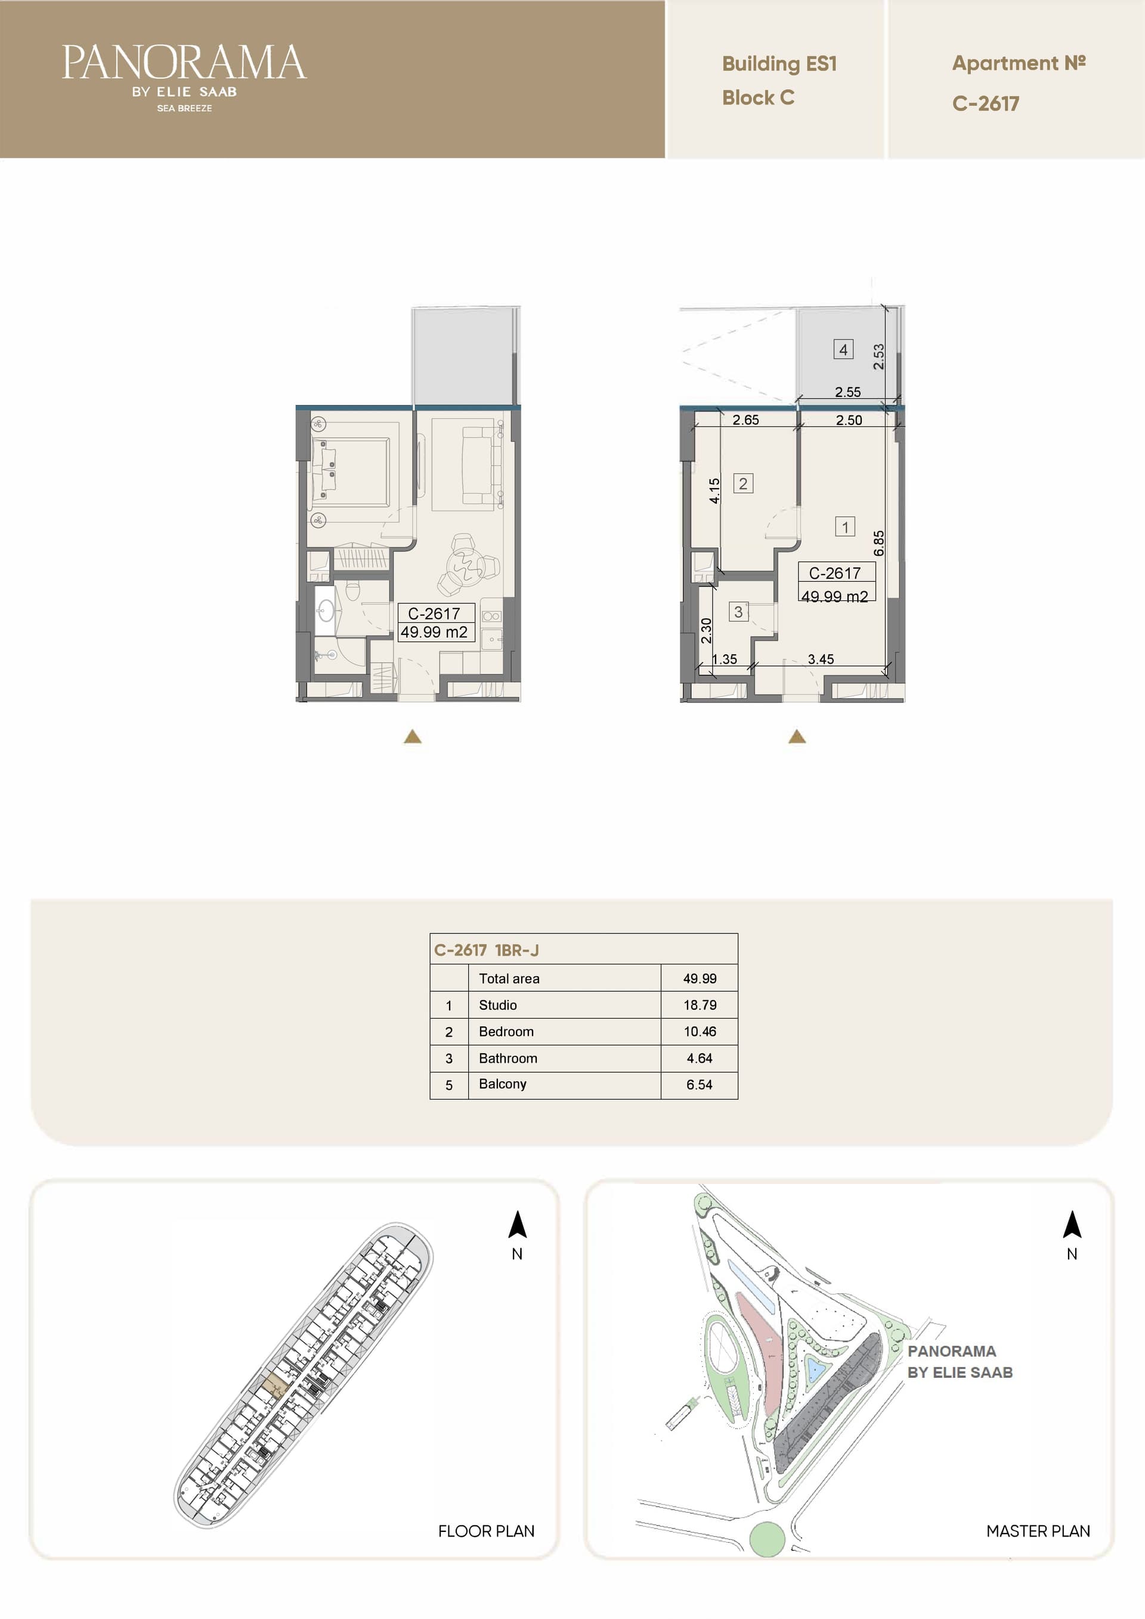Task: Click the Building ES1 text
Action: tap(779, 64)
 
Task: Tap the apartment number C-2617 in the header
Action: tap(985, 104)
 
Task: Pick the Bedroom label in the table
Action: tap(506, 1031)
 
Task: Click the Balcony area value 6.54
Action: tap(700, 1084)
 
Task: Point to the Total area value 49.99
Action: tap(700, 979)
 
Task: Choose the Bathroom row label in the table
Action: tap(507, 1058)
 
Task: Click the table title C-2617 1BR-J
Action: tap(487, 950)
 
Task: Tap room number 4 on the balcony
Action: tap(843, 349)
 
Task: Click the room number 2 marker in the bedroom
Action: tap(743, 483)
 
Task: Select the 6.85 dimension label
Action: tap(878, 543)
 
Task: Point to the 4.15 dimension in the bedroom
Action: tap(714, 491)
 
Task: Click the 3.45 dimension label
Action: tap(821, 659)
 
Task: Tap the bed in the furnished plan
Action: tap(351, 472)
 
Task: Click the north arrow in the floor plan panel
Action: tap(518, 1225)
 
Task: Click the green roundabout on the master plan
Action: tap(766, 1538)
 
